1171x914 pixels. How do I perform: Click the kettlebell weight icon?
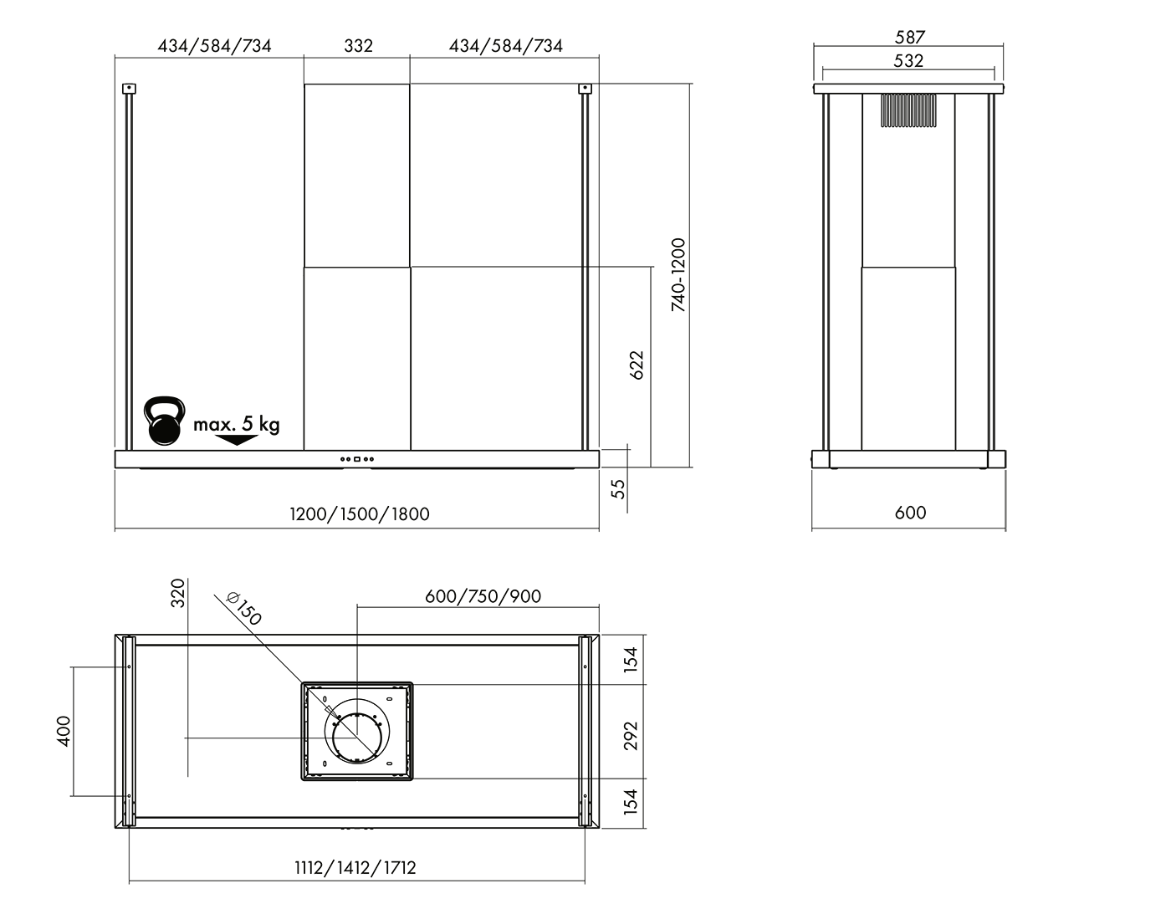coord(165,421)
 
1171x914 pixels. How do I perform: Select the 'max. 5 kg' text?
coord(237,425)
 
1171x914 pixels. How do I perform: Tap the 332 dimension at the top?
coord(358,46)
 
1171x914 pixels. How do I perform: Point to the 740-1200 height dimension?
coord(678,274)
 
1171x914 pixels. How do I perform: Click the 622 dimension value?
coord(637,365)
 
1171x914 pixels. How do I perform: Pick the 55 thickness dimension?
coord(619,489)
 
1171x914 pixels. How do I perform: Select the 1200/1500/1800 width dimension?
coord(360,514)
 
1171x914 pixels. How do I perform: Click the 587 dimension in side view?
coord(910,37)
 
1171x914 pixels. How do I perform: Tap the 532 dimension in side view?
coord(908,60)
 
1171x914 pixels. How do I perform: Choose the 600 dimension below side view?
coord(910,513)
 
